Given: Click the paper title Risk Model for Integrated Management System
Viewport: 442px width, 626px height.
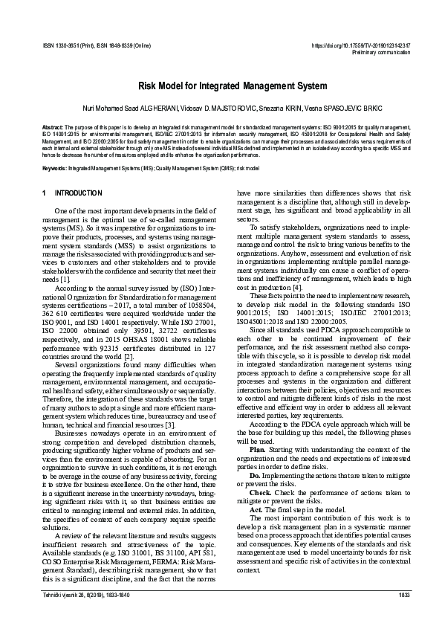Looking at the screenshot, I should [221, 86].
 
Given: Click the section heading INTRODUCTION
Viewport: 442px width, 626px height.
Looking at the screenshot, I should [79, 193].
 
